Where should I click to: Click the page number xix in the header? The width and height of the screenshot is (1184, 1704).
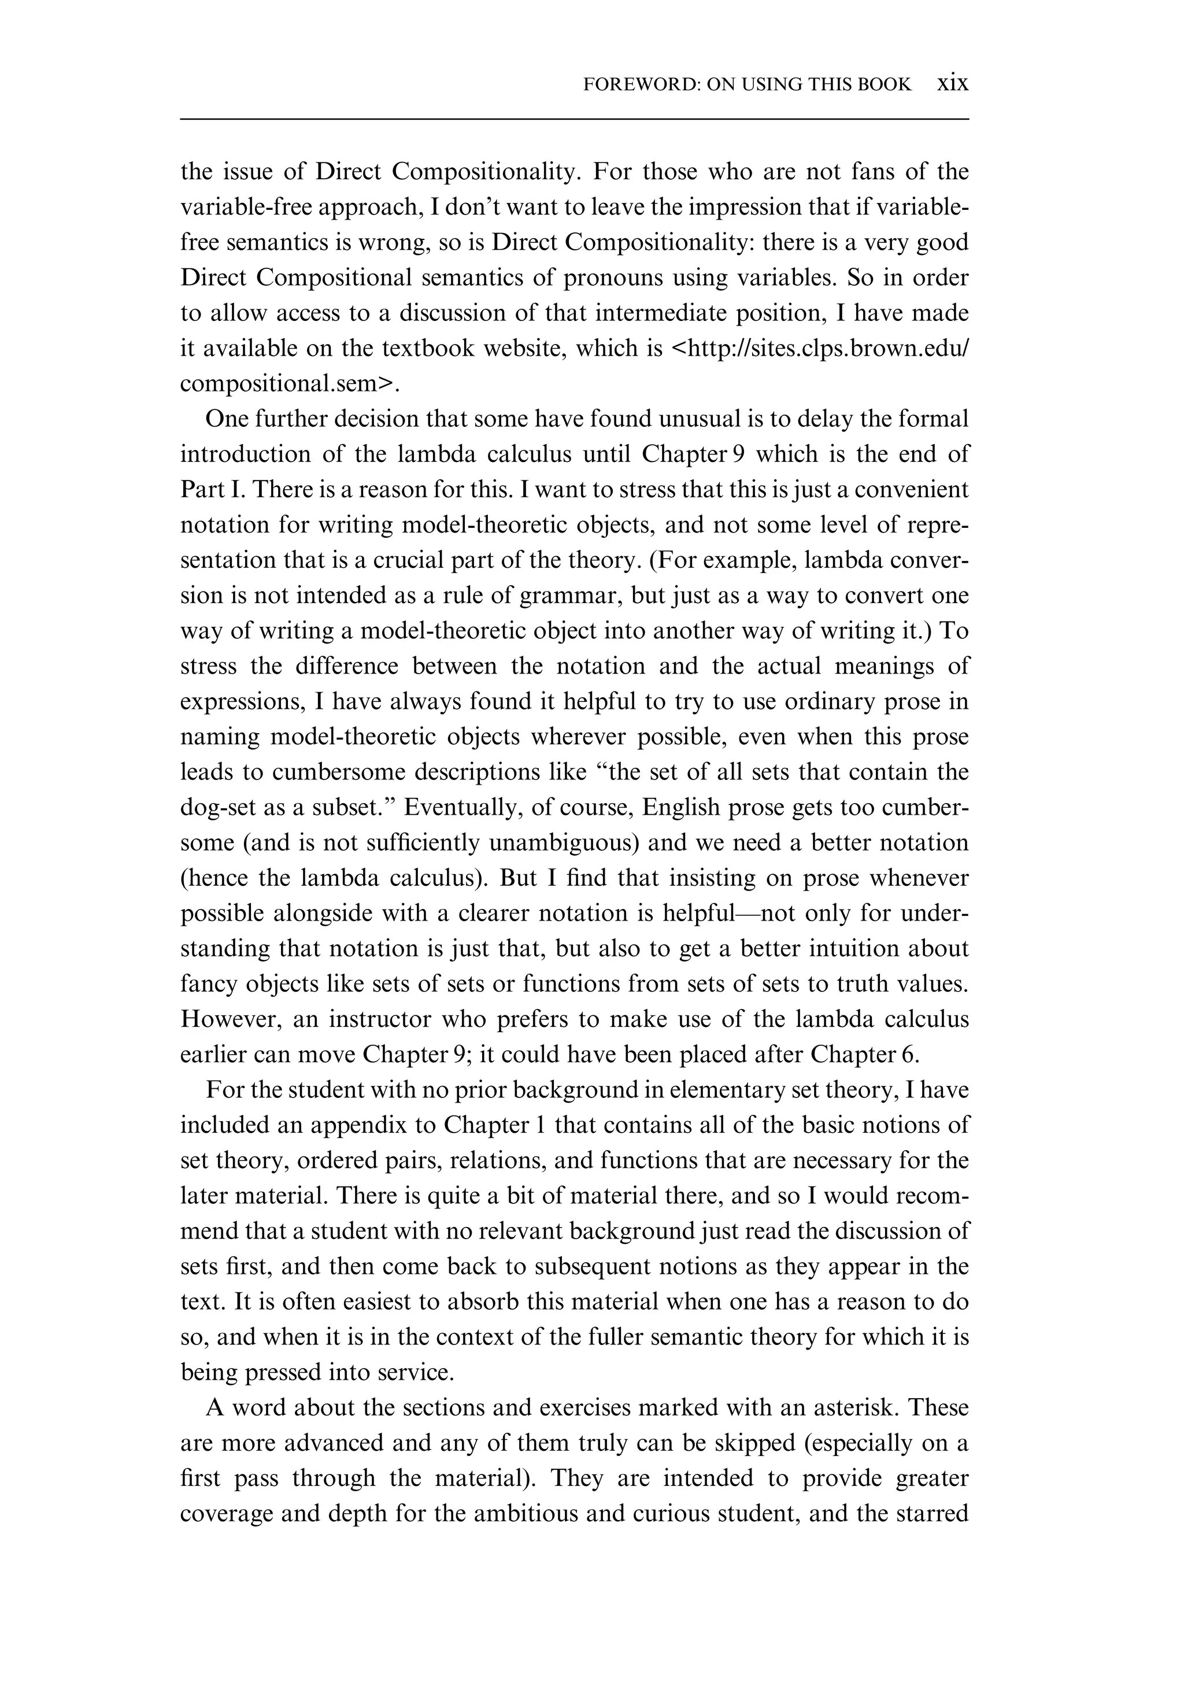pyautogui.click(x=953, y=83)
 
